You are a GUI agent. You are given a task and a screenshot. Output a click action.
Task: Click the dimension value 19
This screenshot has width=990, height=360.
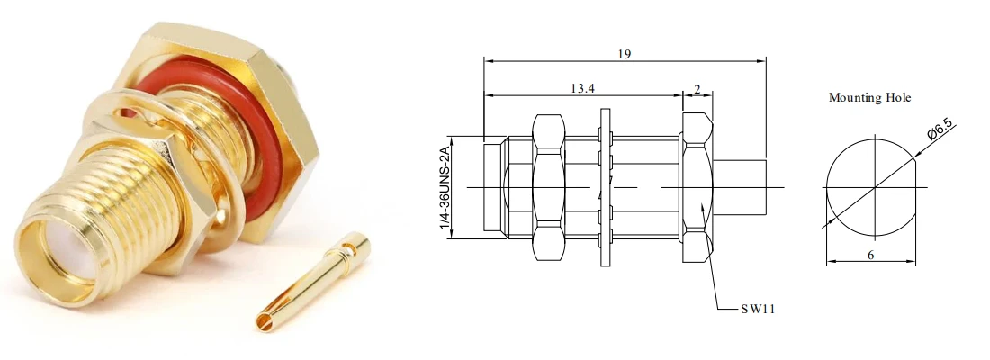pos(624,54)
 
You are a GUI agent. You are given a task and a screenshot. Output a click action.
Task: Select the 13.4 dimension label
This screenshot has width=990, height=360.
pos(583,88)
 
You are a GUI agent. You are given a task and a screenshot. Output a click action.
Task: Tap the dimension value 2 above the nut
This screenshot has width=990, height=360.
pos(697,89)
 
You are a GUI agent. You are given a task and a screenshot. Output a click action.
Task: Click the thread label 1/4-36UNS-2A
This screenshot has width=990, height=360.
pos(445,187)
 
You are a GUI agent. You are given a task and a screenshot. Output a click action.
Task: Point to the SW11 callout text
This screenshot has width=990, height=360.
pos(758,309)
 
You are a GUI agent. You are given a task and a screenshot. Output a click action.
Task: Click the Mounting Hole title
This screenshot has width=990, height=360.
pos(869,98)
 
